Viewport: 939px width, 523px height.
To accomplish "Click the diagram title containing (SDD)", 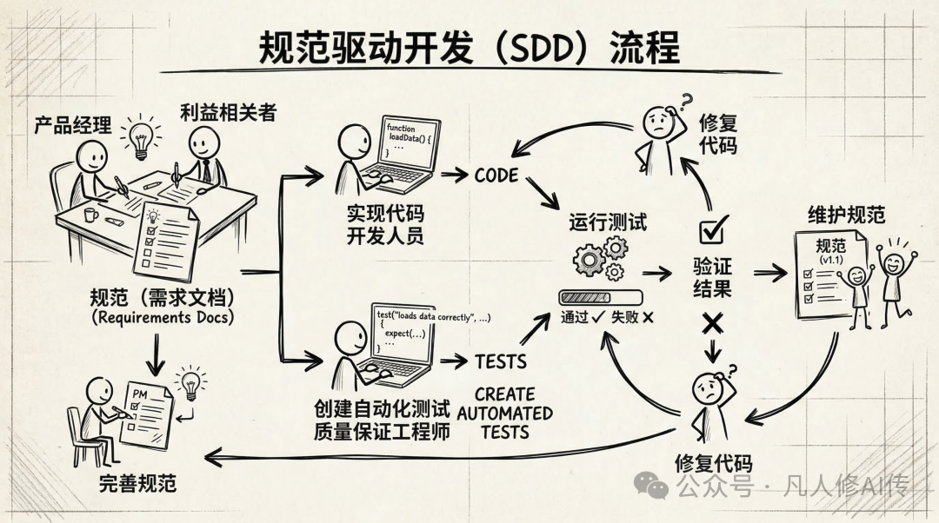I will point(469,50).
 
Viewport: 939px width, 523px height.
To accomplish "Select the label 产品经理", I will point(73,125).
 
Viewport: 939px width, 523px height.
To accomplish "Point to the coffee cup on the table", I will point(90,215).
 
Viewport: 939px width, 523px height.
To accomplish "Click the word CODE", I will point(496,175).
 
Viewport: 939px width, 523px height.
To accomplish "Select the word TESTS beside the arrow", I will point(501,361).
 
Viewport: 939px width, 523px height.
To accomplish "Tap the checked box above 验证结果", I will point(713,231).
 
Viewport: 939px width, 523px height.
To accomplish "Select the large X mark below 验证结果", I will point(713,323).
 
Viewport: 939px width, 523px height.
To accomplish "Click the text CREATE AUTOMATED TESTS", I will point(505,413).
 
